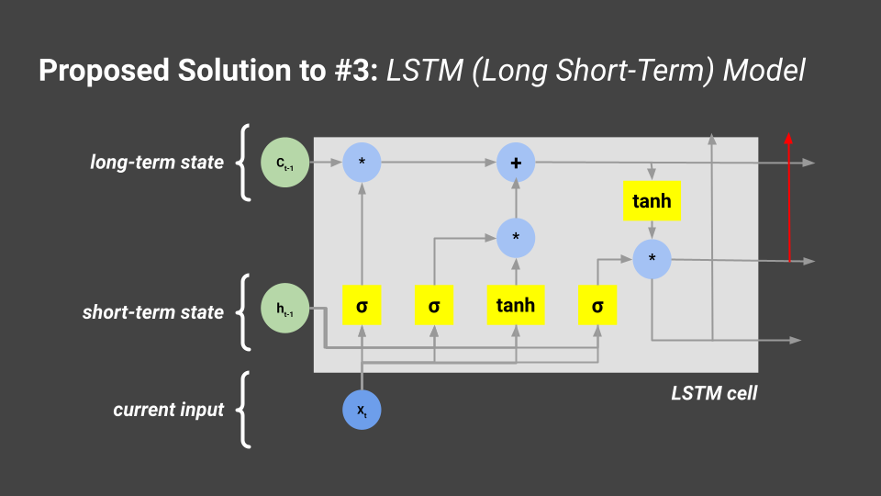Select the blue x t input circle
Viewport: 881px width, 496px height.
(x=362, y=410)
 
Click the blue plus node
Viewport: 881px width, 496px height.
(x=516, y=163)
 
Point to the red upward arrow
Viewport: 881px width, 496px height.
(x=787, y=197)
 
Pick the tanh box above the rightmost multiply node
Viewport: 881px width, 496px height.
(x=652, y=201)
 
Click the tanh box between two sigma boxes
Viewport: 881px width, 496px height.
(x=516, y=305)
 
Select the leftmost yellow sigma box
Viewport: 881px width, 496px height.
(x=362, y=305)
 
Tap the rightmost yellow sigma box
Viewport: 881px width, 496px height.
(x=597, y=305)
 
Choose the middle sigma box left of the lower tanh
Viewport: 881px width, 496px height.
(x=434, y=305)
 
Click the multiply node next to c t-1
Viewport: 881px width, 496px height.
(x=362, y=163)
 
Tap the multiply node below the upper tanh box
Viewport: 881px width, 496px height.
(x=652, y=259)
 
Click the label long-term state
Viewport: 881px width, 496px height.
(x=157, y=163)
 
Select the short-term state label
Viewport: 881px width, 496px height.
(x=153, y=312)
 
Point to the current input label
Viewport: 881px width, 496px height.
(x=169, y=410)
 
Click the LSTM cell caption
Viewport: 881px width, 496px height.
(x=714, y=395)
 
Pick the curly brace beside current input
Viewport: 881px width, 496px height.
(x=244, y=410)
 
